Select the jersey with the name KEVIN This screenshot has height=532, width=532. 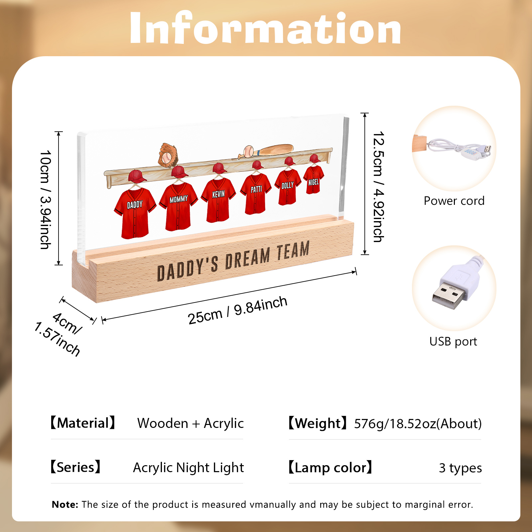click(x=218, y=200)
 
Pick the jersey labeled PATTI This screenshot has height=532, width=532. click(x=256, y=194)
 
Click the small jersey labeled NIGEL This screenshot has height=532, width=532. click(x=314, y=180)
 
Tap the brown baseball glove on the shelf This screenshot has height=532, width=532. click(x=168, y=155)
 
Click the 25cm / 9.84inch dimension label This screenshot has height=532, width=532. click(x=237, y=310)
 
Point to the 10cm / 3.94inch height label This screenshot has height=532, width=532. click(x=45, y=199)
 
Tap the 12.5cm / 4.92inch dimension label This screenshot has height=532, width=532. click(x=378, y=187)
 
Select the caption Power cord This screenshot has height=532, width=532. click(x=454, y=201)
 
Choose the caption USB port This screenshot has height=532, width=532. click(x=453, y=341)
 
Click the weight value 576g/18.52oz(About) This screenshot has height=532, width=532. click(x=418, y=424)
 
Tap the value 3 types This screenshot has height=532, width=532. click(x=460, y=468)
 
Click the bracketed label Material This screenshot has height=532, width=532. click(x=83, y=423)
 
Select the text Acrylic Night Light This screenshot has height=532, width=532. click(x=189, y=467)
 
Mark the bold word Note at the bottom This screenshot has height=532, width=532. click(x=65, y=504)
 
